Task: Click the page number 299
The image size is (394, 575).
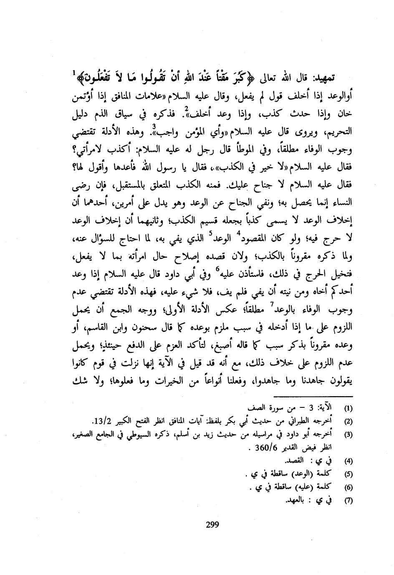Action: click(x=212, y=525)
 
